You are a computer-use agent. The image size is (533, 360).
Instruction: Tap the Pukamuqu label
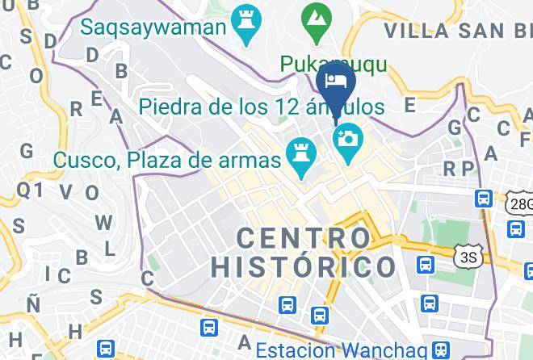click(334, 63)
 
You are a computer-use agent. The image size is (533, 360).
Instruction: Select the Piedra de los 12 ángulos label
click(261, 106)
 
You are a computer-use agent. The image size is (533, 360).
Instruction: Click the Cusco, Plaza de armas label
click(168, 159)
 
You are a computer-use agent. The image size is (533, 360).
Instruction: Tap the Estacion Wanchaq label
click(341, 350)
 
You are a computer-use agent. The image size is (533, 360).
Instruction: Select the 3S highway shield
click(467, 257)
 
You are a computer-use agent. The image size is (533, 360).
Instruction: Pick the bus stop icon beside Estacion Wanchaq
click(441, 350)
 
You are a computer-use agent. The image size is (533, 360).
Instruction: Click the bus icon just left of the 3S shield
click(425, 264)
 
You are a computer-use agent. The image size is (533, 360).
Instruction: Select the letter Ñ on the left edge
click(33, 305)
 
